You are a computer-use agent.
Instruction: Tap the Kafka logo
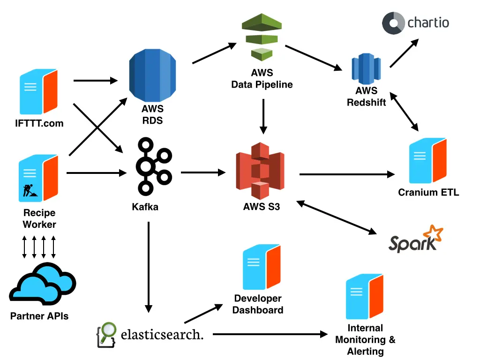click(153, 166)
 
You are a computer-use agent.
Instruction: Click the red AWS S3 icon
click(260, 171)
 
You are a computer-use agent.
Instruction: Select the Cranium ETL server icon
click(427, 161)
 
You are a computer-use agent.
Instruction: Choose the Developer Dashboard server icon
click(261, 267)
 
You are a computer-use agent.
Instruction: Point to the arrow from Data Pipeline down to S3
click(263, 115)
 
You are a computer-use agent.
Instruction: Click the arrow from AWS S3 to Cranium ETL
click(347, 174)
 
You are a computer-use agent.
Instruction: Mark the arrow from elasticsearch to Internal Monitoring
click(270, 334)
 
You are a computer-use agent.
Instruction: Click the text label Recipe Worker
click(39, 218)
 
